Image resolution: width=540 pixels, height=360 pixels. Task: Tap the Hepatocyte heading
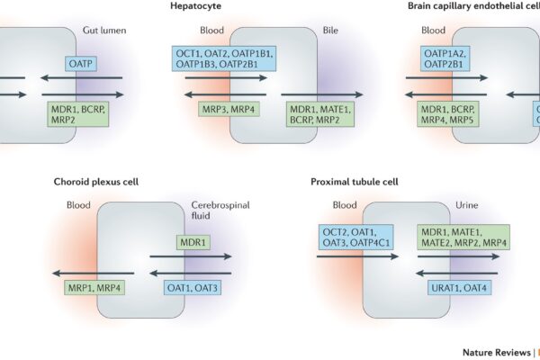pos(195,7)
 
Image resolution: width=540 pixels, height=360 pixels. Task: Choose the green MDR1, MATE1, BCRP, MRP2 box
pos(319,113)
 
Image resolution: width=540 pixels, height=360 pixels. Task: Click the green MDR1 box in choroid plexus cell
pos(193,243)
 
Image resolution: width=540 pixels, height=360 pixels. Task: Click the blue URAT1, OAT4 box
pos(459,288)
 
